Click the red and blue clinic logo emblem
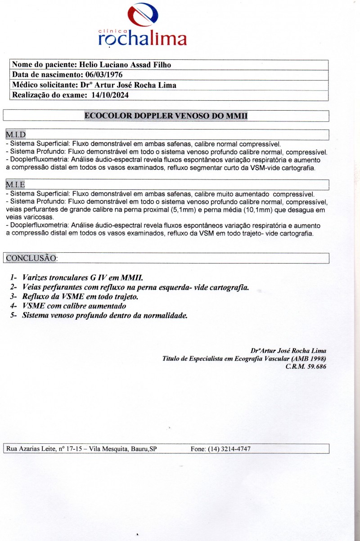(143, 15)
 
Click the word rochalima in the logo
(142, 39)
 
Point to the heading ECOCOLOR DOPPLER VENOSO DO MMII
(166, 116)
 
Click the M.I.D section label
(16, 134)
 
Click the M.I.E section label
(15, 184)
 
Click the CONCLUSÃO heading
(31, 258)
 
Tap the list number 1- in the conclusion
(14, 277)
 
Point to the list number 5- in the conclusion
(14, 316)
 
